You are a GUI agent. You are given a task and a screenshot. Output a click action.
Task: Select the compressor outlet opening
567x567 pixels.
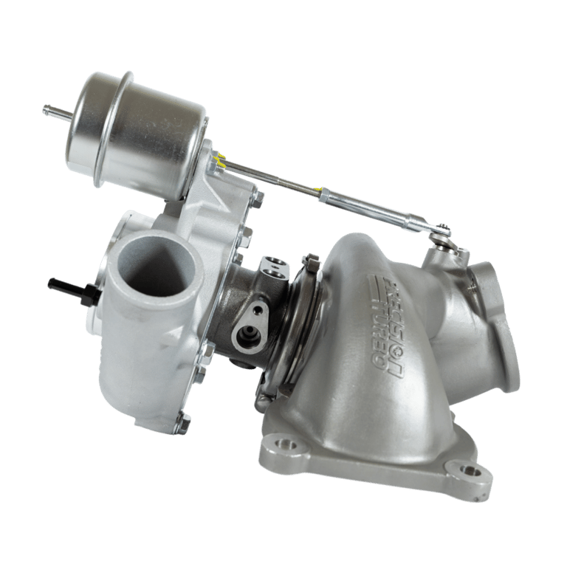156,264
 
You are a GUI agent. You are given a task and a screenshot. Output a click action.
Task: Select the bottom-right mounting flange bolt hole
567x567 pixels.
467,470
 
